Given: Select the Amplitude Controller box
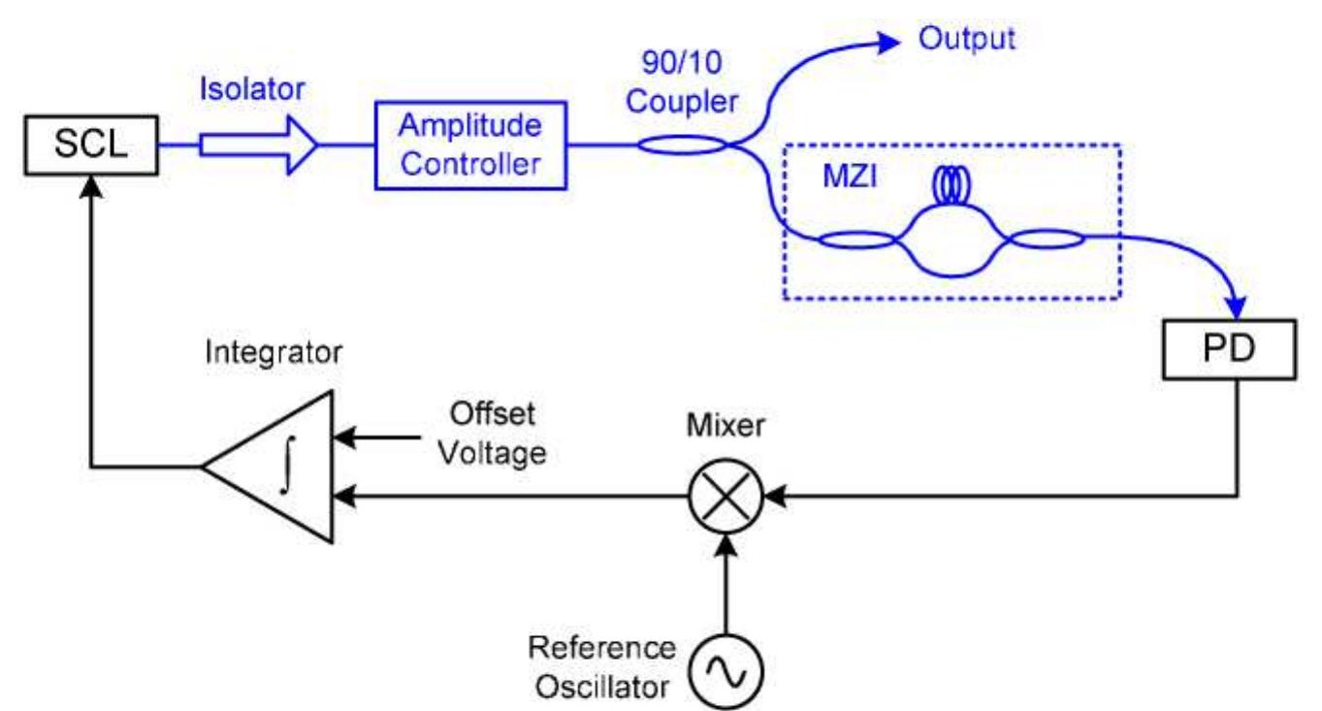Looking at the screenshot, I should [470, 145].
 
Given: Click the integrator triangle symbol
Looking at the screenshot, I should [276, 467].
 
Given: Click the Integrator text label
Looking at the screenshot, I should [274, 353].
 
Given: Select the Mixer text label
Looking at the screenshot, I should [725, 425].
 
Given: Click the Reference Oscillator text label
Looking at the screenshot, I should [601, 666].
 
